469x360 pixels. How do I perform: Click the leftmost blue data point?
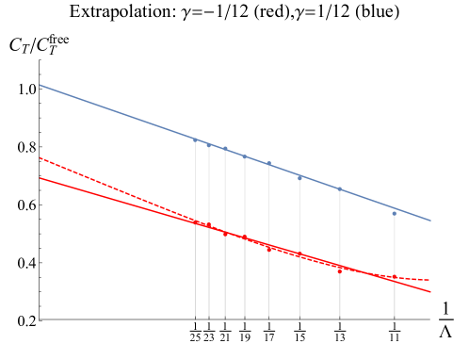pos(195,140)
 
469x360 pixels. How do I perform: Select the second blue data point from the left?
pos(209,145)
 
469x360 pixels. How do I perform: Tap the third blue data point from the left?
pos(225,148)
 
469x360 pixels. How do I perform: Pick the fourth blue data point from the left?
pos(245,156)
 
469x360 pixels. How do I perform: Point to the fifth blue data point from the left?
pos(268,164)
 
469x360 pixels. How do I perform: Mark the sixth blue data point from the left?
pos(300,177)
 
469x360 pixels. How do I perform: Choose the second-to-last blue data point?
pos(340,188)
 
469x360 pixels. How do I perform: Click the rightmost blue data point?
pos(395,214)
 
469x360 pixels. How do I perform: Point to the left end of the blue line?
pos(40,85)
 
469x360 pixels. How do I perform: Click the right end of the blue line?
pos(431,221)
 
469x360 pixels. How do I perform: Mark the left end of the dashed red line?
pos(40,157)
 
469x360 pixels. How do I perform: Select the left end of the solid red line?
pos(40,177)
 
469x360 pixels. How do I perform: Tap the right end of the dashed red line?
pos(430,280)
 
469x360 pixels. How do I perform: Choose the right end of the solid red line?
pos(431,292)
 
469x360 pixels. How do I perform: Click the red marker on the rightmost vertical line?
pos(395,278)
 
